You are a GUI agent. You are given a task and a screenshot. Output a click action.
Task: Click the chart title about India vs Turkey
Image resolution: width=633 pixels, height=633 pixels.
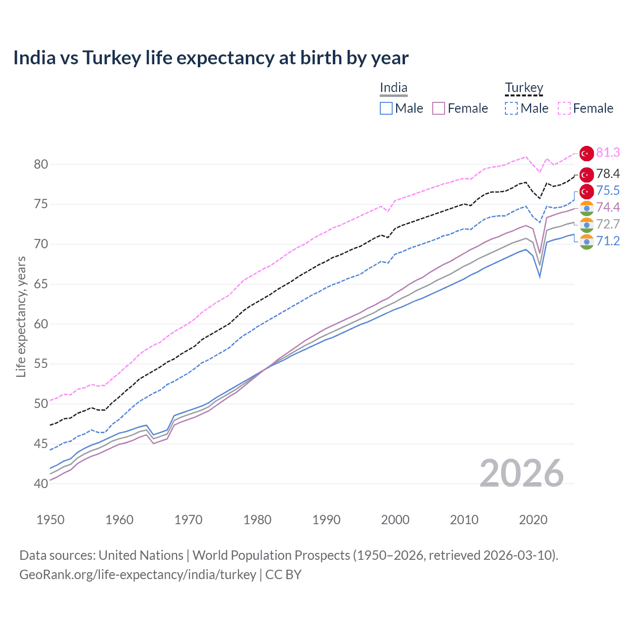click(x=211, y=58)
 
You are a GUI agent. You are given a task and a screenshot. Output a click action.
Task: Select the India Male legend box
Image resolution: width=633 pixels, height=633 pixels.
click(x=386, y=108)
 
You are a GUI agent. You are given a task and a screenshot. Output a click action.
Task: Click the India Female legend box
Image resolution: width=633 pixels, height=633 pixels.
click(x=439, y=108)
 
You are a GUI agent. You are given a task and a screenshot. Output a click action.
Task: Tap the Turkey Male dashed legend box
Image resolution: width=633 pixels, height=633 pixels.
click(x=511, y=108)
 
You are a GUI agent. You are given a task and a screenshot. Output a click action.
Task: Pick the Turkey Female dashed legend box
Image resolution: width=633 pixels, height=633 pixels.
click(x=564, y=108)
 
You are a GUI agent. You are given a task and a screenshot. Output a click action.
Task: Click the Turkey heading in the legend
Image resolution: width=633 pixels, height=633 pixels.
click(x=524, y=88)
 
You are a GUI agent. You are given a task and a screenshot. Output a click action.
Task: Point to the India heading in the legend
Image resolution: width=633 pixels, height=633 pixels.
click(x=394, y=88)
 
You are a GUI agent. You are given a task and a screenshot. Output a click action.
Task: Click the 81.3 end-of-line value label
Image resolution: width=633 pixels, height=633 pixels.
click(x=608, y=152)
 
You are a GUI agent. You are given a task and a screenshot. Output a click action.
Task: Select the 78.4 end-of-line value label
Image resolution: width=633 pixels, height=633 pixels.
click(x=608, y=174)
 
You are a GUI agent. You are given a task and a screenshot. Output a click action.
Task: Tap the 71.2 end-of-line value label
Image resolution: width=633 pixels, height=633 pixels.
click(x=608, y=241)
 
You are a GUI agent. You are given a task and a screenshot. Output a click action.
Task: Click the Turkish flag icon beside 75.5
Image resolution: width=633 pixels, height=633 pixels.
click(x=587, y=191)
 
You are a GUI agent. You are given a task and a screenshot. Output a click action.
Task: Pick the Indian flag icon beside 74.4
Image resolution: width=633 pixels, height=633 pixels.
click(x=587, y=208)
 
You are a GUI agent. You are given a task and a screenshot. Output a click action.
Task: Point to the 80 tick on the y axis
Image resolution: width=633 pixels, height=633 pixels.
click(x=41, y=164)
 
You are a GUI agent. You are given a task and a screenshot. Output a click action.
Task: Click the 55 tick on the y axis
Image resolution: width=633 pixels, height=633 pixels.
click(x=41, y=364)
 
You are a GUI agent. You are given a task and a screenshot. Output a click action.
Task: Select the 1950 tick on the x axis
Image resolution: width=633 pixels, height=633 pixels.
click(x=50, y=520)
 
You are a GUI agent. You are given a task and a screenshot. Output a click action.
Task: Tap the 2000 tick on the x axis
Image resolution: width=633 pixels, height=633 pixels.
click(x=395, y=520)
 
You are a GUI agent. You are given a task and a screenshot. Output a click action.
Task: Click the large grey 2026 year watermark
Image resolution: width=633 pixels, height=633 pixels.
click(x=522, y=473)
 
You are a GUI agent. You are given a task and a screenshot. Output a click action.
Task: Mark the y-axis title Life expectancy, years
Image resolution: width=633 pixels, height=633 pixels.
click(x=21, y=316)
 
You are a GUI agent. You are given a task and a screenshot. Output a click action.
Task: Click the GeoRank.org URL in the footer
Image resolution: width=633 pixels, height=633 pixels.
click(x=137, y=575)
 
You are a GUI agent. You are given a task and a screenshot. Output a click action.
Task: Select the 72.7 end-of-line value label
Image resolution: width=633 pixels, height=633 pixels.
click(x=608, y=224)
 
